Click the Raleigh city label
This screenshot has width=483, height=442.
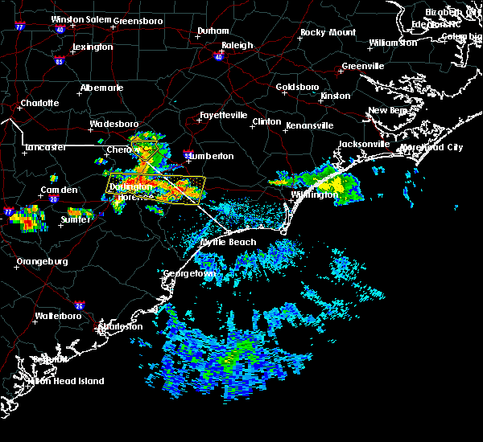(237, 46)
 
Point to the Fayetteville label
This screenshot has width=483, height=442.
(223, 115)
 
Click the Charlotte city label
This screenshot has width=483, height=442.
(39, 103)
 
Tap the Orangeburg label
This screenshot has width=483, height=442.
(41, 261)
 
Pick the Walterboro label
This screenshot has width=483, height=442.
(60, 316)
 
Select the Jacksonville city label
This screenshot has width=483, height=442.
(364, 144)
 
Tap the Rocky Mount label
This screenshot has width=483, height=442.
(328, 32)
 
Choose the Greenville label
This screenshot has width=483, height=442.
(363, 66)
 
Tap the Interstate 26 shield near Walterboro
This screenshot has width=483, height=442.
(79, 305)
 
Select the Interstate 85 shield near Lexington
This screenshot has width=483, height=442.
(60, 60)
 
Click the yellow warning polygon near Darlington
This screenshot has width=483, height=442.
(157, 190)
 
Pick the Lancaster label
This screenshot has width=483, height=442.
(45, 147)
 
